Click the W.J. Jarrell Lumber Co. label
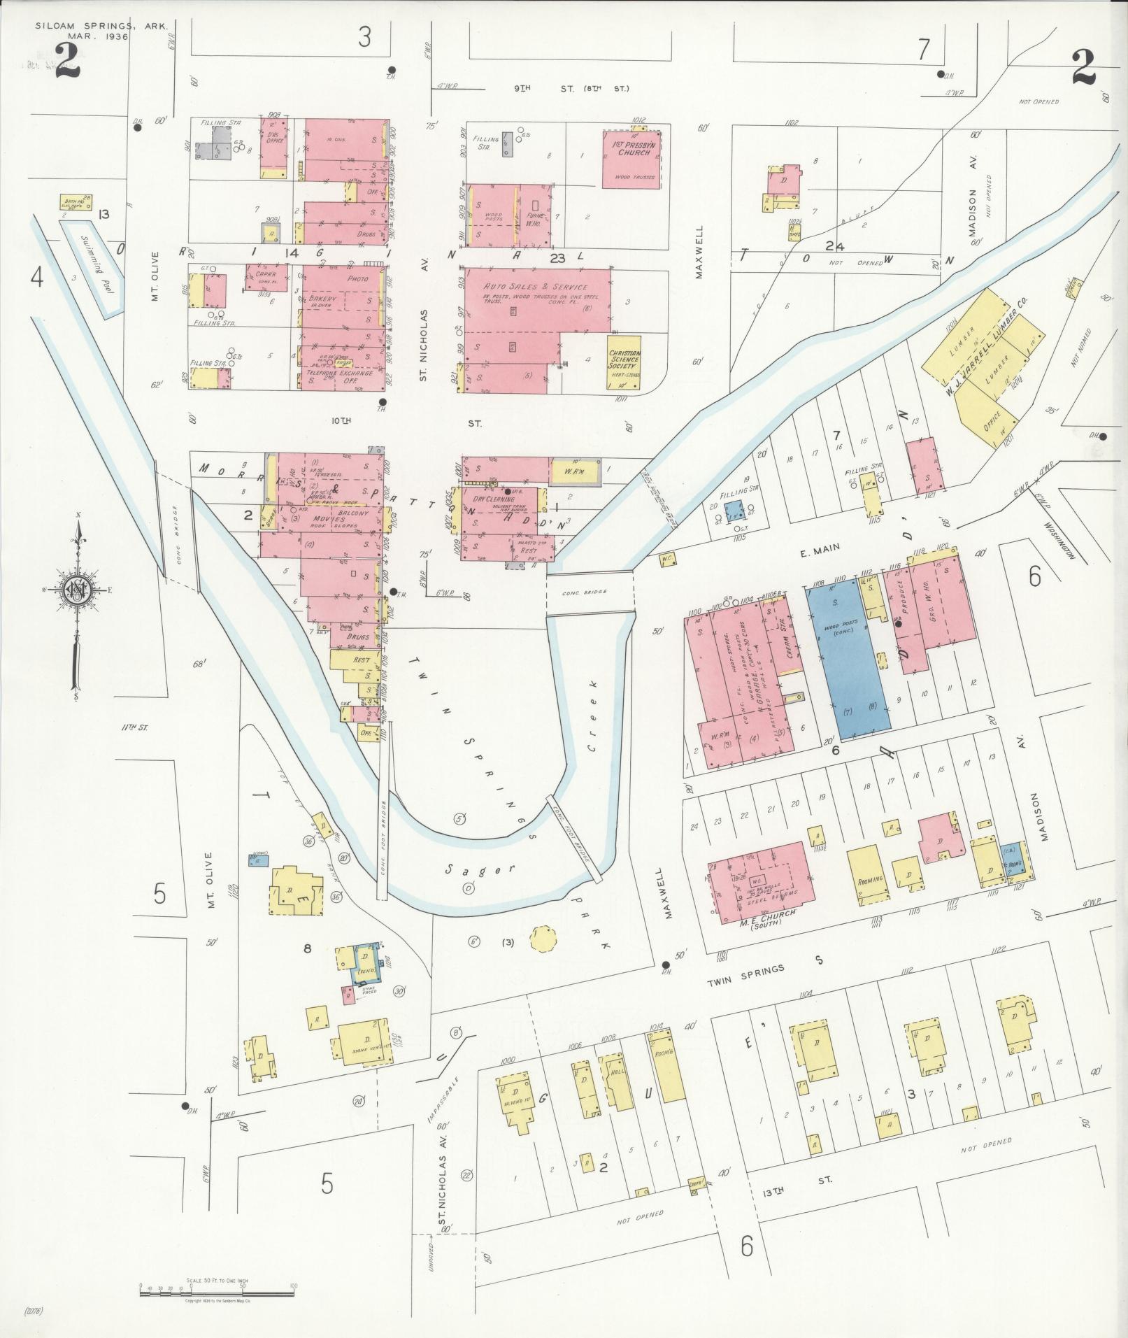pyautogui.click(x=987, y=350)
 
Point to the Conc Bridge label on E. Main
pyautogui.click(x=584, y=592)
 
